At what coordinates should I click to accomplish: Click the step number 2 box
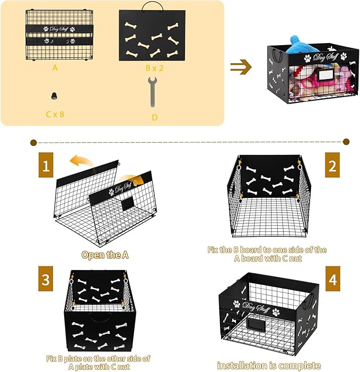click(x=332, y=166)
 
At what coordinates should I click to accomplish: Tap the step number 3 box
click(x=46, y=280)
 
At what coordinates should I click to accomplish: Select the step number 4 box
click(x=332, y=280)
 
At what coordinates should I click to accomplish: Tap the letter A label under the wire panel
click(x=55, y=68)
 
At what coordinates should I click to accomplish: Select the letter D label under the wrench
click(x=154, y=117)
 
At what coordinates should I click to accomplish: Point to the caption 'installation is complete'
click(x=269, y=366)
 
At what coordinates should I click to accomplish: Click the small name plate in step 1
click(x=128, y=204)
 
